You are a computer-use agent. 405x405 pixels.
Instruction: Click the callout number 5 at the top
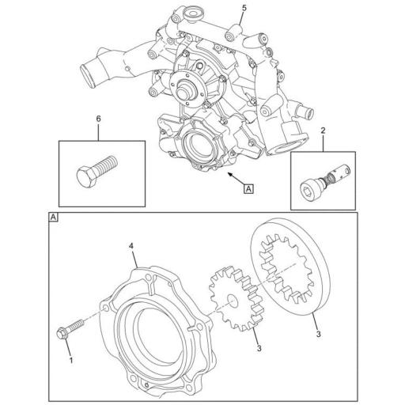(244, 8)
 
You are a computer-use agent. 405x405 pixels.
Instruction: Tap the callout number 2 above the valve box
(323, 128)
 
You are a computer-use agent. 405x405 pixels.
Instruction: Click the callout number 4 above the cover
(131, 247)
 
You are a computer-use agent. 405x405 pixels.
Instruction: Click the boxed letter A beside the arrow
(250, 188)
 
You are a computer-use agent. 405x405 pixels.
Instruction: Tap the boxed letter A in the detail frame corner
(53, 217)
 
